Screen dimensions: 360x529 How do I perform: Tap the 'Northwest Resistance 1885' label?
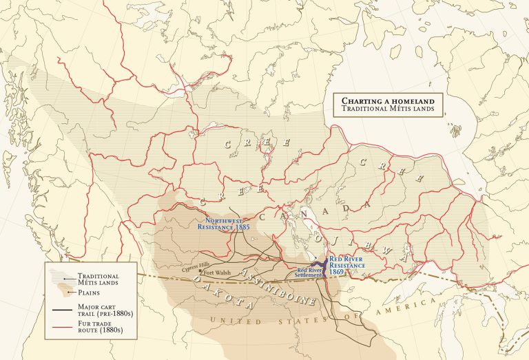pyautogui.click(x=223, y=222)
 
